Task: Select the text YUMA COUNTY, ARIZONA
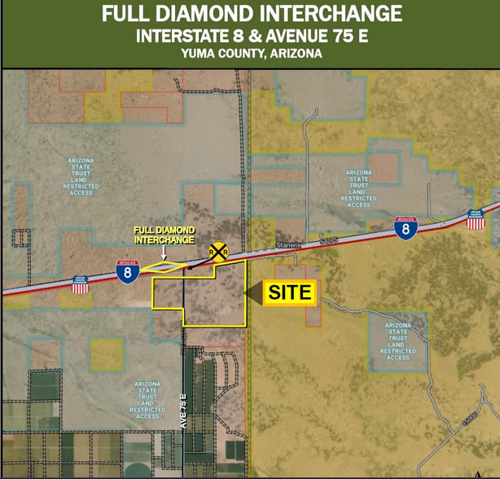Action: pos(252,54)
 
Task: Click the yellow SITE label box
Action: pos(290,293)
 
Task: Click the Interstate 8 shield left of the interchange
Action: pos(126,273)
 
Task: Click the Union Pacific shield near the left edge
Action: pos(80,283)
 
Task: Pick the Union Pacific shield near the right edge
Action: pos(476,218)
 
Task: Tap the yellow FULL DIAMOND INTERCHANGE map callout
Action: pos(164,235)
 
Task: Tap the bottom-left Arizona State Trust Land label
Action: pos(147,398)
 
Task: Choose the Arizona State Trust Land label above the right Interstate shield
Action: pos(359,188)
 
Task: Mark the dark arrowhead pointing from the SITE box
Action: pos(257,293)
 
